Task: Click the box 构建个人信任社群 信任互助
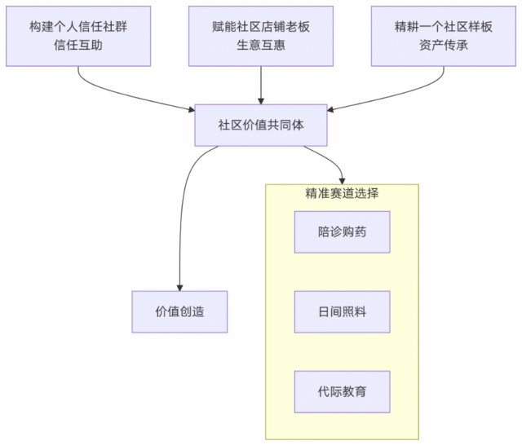78,36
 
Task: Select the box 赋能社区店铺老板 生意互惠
261,36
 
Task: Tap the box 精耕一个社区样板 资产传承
443,36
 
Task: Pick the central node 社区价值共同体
261,126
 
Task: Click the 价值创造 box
179,311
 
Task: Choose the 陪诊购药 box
342,231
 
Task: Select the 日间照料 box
342,311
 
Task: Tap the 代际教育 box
342,391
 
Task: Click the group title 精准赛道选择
342,194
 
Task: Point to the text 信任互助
78,46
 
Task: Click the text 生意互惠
261,46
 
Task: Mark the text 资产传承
443,46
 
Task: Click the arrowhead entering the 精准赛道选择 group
342,179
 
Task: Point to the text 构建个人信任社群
78,26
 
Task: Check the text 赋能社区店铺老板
261,26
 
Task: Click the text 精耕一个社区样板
443,26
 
